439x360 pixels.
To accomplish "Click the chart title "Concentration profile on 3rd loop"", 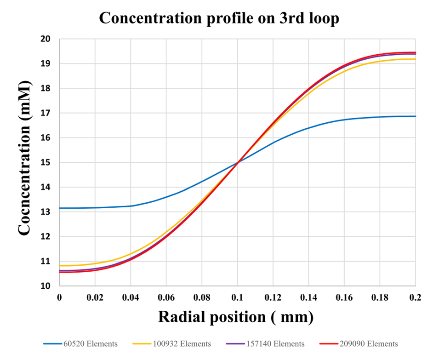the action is (219, 18).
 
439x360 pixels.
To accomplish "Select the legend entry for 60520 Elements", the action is (80, 344).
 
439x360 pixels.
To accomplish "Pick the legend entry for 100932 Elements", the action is (172, 344).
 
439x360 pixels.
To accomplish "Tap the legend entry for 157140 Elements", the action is (265, 344).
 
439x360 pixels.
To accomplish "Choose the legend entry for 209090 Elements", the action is (359, 344).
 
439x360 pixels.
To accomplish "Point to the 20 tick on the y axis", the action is (46, 39).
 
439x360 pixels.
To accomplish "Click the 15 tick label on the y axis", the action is (46, 162).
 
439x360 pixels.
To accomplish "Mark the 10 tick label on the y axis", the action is (46, 286).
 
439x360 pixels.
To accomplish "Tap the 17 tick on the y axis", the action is (46, 113).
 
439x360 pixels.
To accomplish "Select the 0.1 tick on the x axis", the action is (237, 297).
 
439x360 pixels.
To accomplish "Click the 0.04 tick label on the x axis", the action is (131, 297).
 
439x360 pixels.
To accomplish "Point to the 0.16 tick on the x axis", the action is (344, 297).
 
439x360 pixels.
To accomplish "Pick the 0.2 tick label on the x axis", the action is (416, 297).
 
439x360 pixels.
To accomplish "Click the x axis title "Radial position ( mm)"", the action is (236, 317).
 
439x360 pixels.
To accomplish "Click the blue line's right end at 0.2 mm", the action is (416, 116).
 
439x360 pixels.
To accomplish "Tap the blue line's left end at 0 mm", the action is (60, 208).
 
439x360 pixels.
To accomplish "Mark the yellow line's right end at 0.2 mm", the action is (416, 59).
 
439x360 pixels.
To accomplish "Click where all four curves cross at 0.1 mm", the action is (238, 162).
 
